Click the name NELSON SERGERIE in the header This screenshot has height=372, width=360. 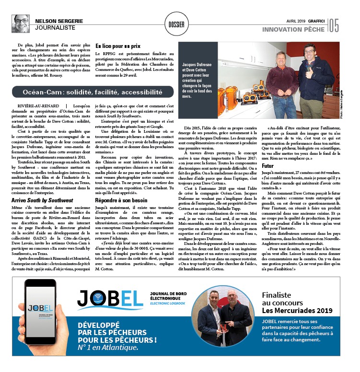click(60, 21)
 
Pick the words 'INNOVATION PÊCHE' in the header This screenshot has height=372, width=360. click(294, 30)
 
